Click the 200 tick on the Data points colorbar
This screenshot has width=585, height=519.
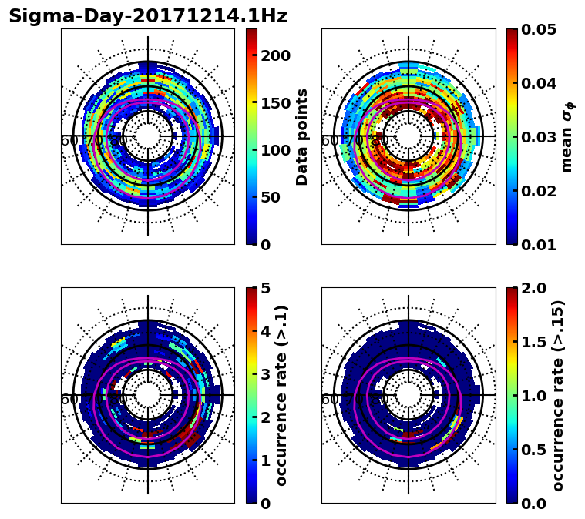click(x=275, y=55)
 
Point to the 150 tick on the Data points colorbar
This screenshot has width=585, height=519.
click(x=275, y=103)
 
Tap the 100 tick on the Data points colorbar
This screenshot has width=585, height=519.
click(x=275, y=150)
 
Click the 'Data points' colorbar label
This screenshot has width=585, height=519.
click(x=302, y=136)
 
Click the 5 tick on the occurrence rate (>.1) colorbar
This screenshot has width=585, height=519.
click(x=265, y=288)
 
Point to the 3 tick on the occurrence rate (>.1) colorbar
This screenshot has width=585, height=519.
click(x=265, y=374)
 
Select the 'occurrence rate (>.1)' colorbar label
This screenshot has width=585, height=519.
click(x=282, y=395)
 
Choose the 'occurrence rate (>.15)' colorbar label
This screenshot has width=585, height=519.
click(x=558, y=395)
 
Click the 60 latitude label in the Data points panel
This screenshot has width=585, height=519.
click(x=68, y=141)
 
